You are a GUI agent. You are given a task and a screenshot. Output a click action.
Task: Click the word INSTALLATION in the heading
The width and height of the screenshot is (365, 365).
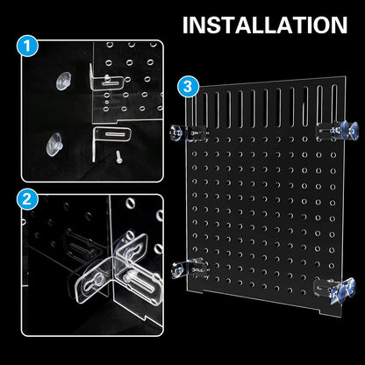coord(264,24)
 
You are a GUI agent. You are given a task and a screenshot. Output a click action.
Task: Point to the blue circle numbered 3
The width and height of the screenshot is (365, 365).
coord(185,86)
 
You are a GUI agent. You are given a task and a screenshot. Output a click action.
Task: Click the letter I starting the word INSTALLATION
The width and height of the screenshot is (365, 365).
coord(185,24)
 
